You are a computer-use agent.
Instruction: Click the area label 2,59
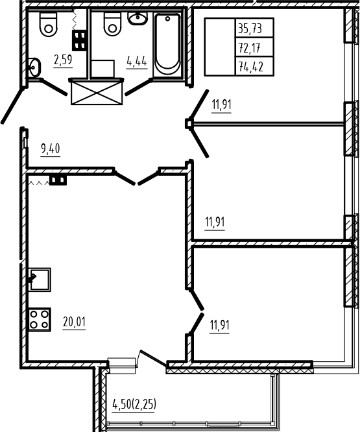tap(63, 60)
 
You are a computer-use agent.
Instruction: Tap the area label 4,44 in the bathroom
tap(137, 61)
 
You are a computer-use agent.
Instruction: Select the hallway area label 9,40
tap(51, 149)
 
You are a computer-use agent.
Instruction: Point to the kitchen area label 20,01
tap(74, 322)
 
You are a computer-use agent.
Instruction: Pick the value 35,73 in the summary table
tap(250, 29)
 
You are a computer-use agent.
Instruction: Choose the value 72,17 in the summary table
tap(250, 48)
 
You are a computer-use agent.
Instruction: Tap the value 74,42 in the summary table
tap(251, 67)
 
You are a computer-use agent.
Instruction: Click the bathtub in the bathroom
tap(167, 44)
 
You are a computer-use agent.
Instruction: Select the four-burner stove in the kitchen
tap(39, 320)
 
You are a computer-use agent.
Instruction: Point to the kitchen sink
tap(40, 280)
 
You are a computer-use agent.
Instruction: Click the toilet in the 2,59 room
tap(49, 24)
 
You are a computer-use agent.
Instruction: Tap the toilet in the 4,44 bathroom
tap(112, 23)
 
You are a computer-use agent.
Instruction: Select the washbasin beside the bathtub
tap(138, 18)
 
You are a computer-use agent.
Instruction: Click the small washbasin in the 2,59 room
tap(34, 67)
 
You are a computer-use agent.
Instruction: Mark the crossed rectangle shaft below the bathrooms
tap(97, 93)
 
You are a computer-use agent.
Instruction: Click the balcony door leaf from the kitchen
tap(152, 358)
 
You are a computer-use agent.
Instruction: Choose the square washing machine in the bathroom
tap(102, 69)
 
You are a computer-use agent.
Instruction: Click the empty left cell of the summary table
tap(220, 47)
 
